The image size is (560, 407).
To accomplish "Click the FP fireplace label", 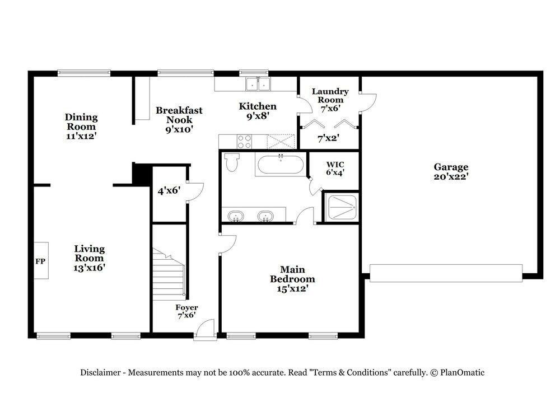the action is (40, 261).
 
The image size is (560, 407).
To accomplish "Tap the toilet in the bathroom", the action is (232, 162).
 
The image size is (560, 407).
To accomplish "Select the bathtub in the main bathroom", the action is (281, 165).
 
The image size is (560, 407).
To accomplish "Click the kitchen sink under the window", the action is (258, 85).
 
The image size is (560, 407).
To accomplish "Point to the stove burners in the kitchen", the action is (245, 142).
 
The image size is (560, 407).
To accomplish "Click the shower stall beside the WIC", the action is (342, 208).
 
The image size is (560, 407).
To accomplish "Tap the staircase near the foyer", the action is (169, 274).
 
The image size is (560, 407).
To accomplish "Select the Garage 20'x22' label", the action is (451, 171).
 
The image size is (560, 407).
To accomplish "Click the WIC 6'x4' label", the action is (335, 169).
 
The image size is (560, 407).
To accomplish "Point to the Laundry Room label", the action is (330, 96).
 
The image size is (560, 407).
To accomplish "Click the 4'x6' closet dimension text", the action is (169, 191).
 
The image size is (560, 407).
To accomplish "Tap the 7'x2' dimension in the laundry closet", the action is (328, 138).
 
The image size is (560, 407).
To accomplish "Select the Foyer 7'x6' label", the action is (186, 311).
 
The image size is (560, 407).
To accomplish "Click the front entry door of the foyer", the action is (205, 330).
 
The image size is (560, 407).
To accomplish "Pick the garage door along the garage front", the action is (446, 273).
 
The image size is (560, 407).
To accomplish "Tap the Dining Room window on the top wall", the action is (84, 73).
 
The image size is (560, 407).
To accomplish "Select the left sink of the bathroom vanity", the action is (236, 216).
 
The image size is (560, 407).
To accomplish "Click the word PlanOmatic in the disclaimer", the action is (462, 372).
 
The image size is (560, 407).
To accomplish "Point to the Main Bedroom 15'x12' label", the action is (292, 279).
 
